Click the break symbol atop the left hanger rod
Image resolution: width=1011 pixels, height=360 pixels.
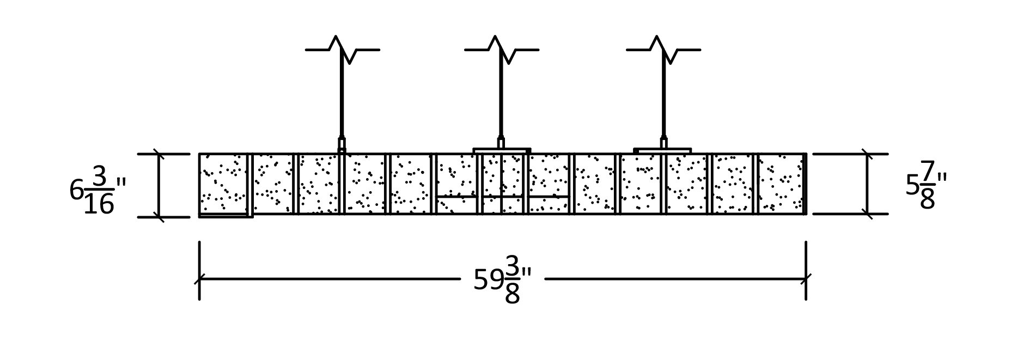click(342, 50)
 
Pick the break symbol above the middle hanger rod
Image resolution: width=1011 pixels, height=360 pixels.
click(501, 50)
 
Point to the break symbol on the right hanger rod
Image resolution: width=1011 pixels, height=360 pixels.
click(663, 50)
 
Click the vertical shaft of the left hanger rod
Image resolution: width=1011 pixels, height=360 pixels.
click(342, 98)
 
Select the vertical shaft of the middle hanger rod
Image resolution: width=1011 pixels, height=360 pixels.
click(501, 98)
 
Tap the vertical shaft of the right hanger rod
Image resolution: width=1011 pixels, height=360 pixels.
click(663, 98)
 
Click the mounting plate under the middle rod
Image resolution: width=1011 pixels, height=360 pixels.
click(501, 150)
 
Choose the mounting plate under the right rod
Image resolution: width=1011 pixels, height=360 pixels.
click(662, 150)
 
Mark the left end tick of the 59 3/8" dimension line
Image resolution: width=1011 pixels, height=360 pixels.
click(199, 279)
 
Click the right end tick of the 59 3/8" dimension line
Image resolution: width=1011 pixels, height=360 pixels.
click(806, 279)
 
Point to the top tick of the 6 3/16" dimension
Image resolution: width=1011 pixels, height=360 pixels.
click(159, 154)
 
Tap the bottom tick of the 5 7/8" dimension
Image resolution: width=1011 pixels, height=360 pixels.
click(867, 214)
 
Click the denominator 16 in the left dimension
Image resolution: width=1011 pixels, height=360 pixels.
click(99, 205)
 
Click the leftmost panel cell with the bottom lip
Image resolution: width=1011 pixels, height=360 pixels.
click(224, 185)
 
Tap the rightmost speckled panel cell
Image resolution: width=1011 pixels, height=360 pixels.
click(780, 184)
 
